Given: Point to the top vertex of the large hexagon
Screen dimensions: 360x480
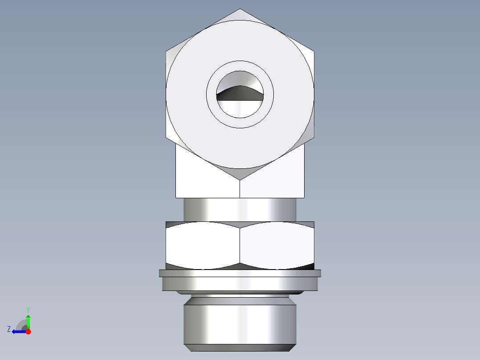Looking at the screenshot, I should click(240, 9).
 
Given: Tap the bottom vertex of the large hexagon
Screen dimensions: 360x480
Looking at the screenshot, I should click(240, 180).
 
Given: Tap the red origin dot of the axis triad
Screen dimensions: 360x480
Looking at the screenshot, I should click(28, 331).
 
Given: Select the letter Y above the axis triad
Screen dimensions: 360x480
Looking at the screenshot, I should click(28, 309).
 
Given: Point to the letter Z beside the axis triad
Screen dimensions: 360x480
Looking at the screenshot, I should click(9, 329).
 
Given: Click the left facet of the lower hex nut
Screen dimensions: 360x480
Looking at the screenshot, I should click(203, 245).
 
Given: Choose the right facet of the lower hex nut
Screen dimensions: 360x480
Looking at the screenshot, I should click(277, 245).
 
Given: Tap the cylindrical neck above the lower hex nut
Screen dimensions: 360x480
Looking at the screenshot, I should click(240, 209).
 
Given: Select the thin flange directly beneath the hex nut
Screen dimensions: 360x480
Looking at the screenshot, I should click(240, 273).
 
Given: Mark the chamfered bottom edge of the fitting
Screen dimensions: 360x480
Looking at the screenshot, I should click(240, 348).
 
